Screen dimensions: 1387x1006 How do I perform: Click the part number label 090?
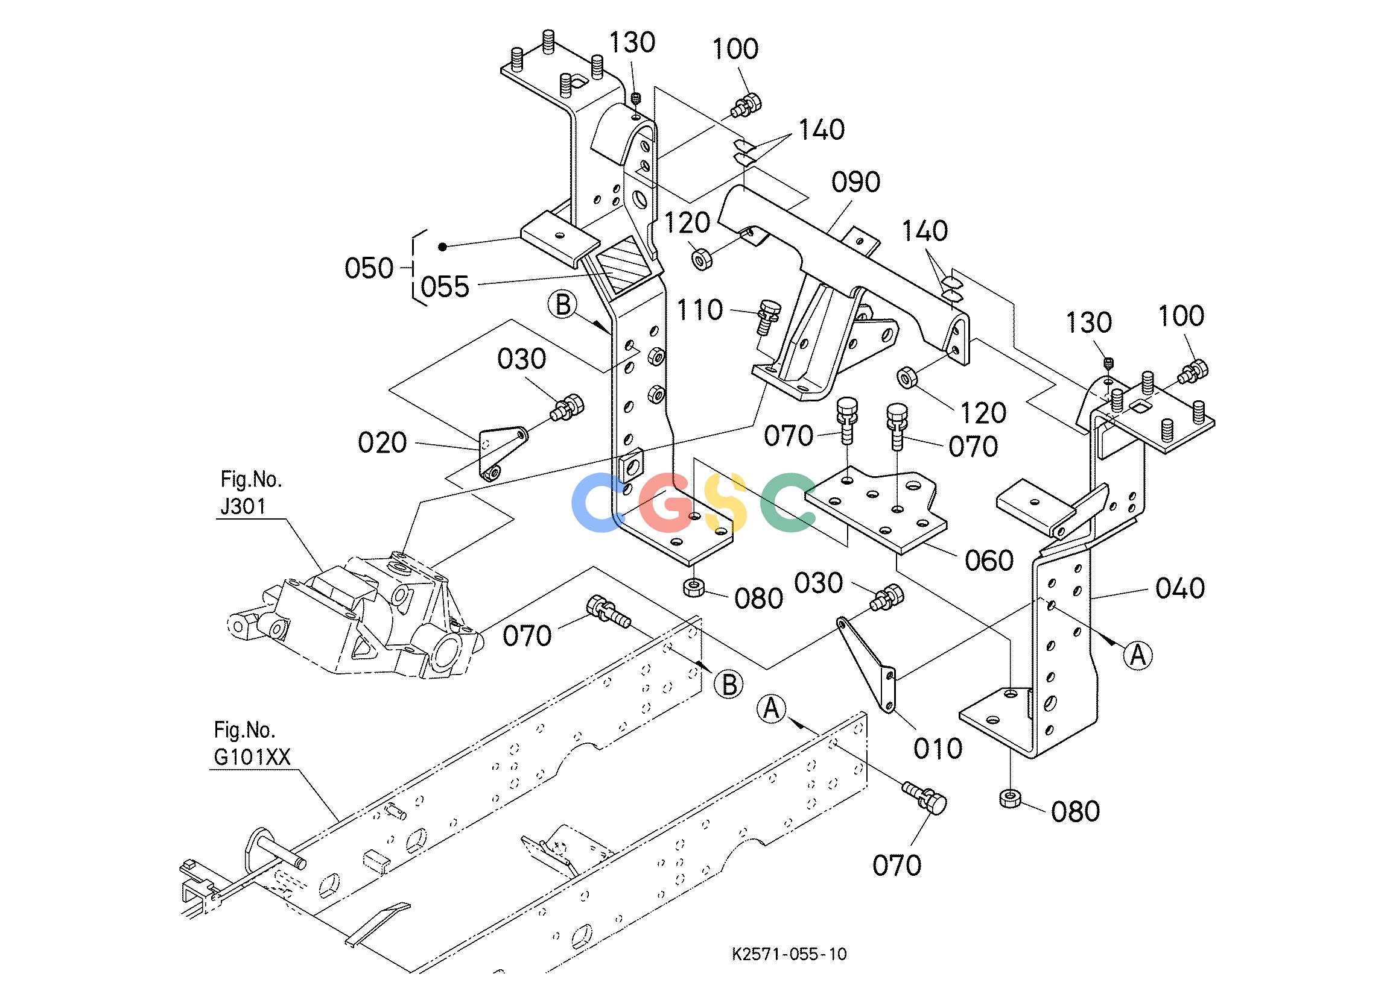tap(856, 182)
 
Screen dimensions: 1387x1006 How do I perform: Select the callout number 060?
tap(989, 561)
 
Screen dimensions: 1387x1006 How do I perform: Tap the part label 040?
tap(1180, 588)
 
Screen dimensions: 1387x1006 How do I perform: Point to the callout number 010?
tap(938, 748)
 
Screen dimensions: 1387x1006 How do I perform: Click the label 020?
tap(382, 442)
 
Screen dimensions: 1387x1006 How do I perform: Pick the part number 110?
tap(700, 310)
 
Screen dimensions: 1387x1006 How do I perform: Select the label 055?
tap(445, 286)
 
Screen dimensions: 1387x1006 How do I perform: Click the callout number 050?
tap(369, 268)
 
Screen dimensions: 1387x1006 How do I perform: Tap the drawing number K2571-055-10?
tap(790, 954)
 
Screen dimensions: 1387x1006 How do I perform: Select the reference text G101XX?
tap(252, 757)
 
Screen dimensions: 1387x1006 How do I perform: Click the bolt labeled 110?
tap(766, 316)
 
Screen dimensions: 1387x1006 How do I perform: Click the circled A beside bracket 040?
tap(1137, 655)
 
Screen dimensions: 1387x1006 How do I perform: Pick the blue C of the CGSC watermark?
tap(596, 502)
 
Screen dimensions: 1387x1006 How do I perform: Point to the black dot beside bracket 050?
tap(442, 247)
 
